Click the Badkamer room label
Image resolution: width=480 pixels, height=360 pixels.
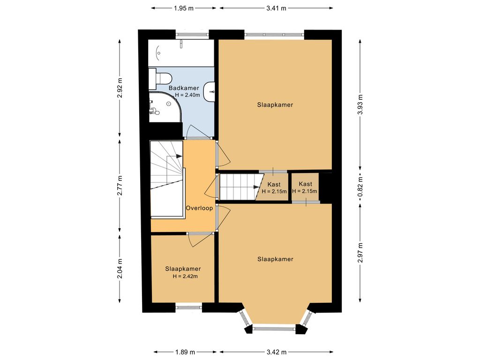pyautogui.click(x=184, y=88)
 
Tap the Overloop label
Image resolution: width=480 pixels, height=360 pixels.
pyautogui.click(x=199, y=208)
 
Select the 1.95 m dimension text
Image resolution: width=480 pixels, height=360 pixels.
pyautogui.click(x=184, y=8)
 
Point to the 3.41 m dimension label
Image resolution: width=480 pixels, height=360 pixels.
pyautogui.click(x=276, y=8)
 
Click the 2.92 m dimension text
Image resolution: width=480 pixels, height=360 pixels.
pyautogui.click(x=120, y=88)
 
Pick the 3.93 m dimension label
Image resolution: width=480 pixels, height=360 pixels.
pyautogui.click(x=360, y=105)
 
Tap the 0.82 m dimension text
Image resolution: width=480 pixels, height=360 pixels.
pyautogui.click(x=360, y=187)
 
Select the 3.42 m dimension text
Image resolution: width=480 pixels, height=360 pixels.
pyautogui.click(x=277, y=352)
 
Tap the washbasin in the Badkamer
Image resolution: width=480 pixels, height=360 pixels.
pyautogui.click(x=209, y=92)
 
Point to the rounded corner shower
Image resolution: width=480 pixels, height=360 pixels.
pyautogui.click(x=165, y=106)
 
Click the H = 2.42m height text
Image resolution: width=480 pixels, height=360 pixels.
pyautogui.click(x=185, y=277)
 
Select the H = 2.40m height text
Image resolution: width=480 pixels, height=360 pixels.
pyautogui.click(x=187, y=95)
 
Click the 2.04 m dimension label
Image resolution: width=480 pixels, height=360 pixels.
pyautogui.click(x=120, y=269)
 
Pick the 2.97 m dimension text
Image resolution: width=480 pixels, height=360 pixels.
pyautogui.click(x=360, y=253)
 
